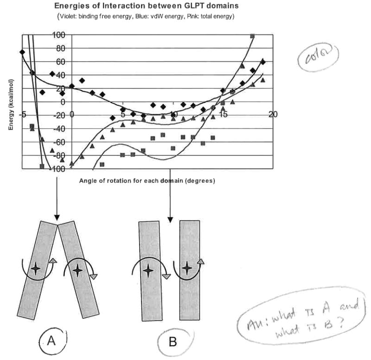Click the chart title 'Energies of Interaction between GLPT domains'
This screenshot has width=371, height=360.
pos(146,6)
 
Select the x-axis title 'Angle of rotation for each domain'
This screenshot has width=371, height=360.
pos(147,180)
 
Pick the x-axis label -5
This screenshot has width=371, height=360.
pos(21,114)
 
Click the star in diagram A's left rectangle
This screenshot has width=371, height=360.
pos(36,269)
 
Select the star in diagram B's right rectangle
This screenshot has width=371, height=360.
pos(186,268)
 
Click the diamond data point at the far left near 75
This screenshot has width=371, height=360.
pos(22,51)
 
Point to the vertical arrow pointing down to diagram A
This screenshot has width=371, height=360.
pos(57,195)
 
